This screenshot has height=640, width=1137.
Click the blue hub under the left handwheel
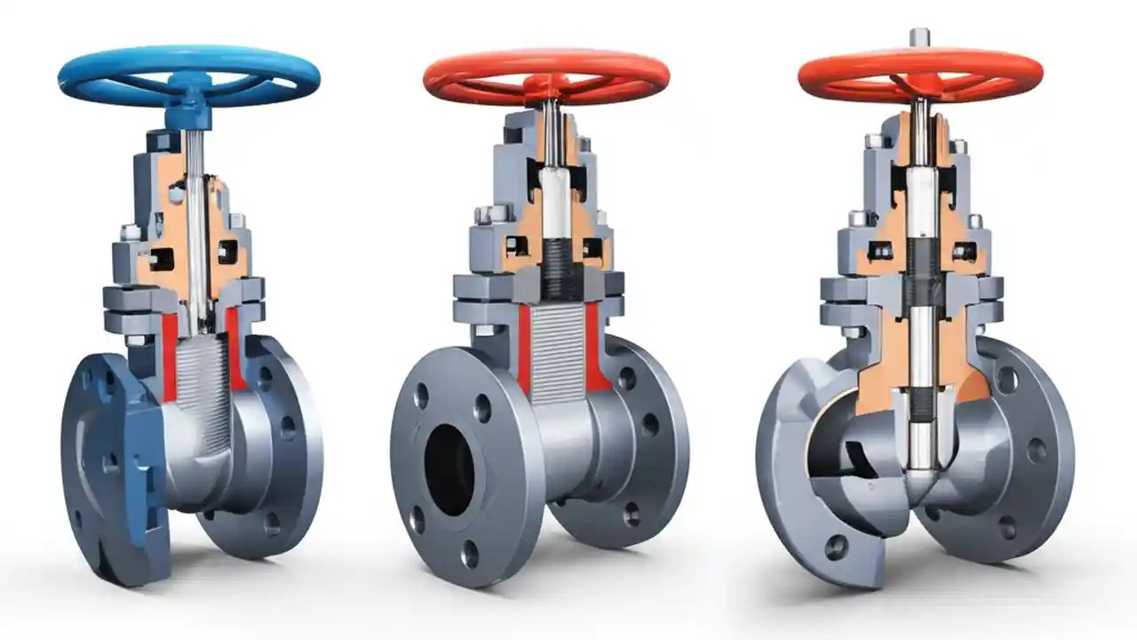point(189,102)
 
